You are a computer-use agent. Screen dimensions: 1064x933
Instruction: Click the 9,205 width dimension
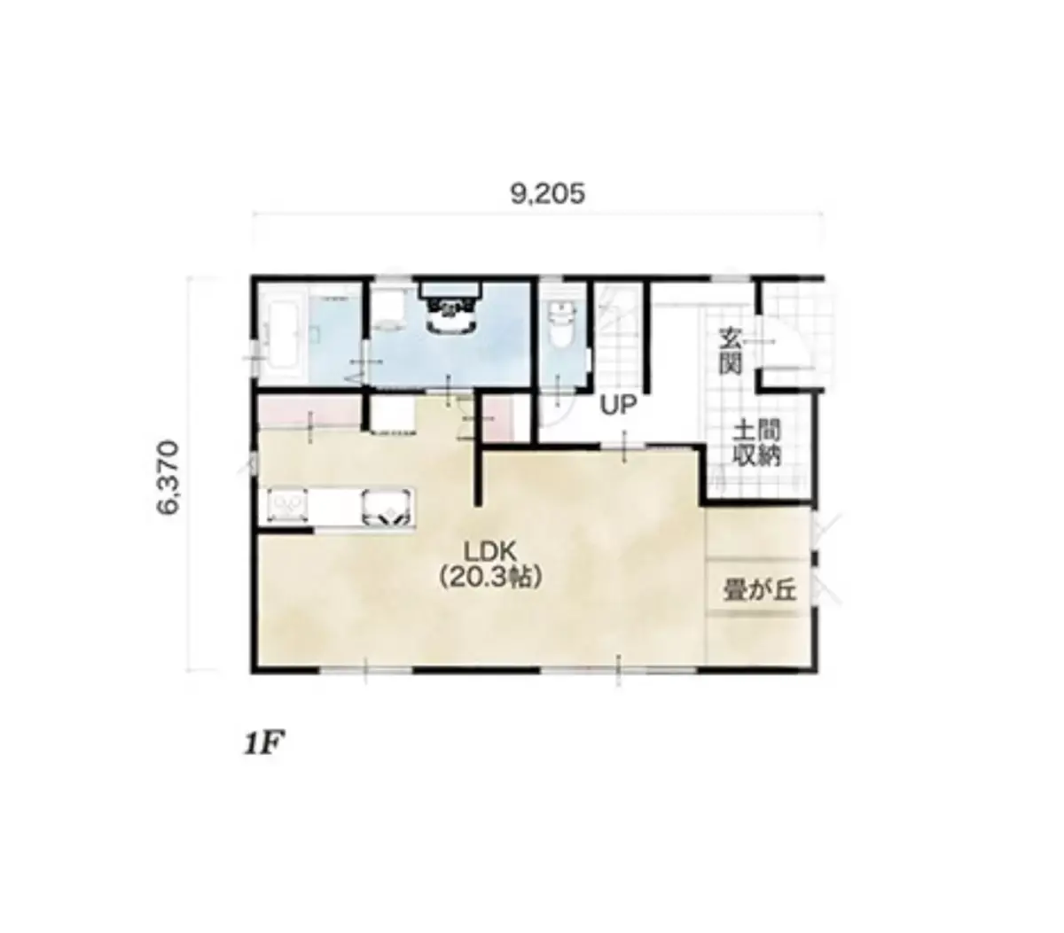[x=547, y=194]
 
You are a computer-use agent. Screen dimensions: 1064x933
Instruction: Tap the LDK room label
[x=490, y=552]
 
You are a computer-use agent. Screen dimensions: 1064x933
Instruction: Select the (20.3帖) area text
[x=490, y=578]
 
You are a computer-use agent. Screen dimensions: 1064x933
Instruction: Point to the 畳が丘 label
[x=760, y=589]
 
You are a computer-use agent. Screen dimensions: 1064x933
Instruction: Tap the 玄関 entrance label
[x=731, y=352]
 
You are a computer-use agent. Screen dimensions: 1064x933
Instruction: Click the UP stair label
[x=618, y=405]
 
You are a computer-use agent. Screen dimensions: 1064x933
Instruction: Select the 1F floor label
[x=263, y=744]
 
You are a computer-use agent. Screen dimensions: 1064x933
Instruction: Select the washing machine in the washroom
[x=387, y=309]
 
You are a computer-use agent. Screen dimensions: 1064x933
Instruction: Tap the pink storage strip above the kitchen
[x=309, y=412]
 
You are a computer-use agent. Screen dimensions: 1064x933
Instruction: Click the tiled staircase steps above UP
[x=618, y=335]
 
